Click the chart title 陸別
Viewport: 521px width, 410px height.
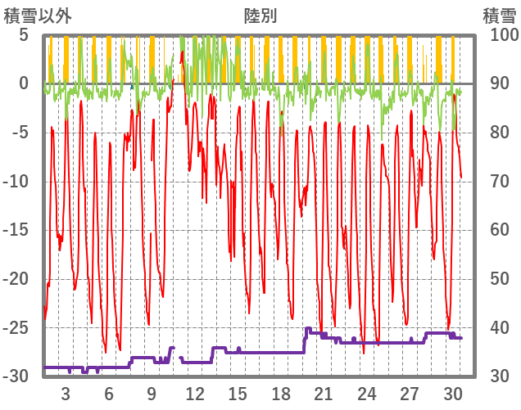click(x=260, y=16)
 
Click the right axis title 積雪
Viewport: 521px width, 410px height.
click(x=499, y=16)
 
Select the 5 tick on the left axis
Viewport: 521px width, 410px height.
click(x=24, y=35)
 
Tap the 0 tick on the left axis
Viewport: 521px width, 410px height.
click(x=24, y=83)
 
